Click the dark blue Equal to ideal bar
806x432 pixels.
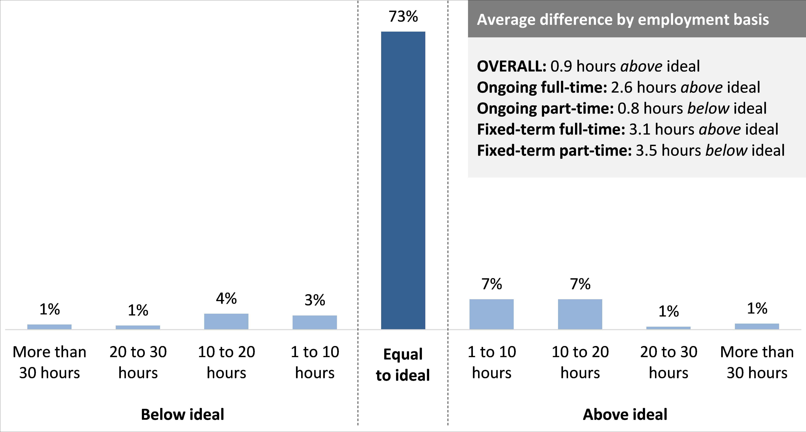403,180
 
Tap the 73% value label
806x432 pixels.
403,17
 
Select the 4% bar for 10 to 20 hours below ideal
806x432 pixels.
226,321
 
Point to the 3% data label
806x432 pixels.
315,300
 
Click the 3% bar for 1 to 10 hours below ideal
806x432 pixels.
315,322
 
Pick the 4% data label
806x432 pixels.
226,298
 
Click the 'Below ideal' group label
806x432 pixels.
182,414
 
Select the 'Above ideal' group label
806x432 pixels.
625,414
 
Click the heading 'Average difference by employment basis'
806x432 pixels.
623,19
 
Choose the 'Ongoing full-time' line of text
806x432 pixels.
618,87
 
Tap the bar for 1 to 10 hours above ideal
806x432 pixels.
491,314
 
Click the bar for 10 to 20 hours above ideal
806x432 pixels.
580,314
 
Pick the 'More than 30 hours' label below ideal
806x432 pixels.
50,362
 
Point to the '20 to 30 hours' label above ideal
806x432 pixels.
669,362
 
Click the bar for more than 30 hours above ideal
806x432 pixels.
757,326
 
